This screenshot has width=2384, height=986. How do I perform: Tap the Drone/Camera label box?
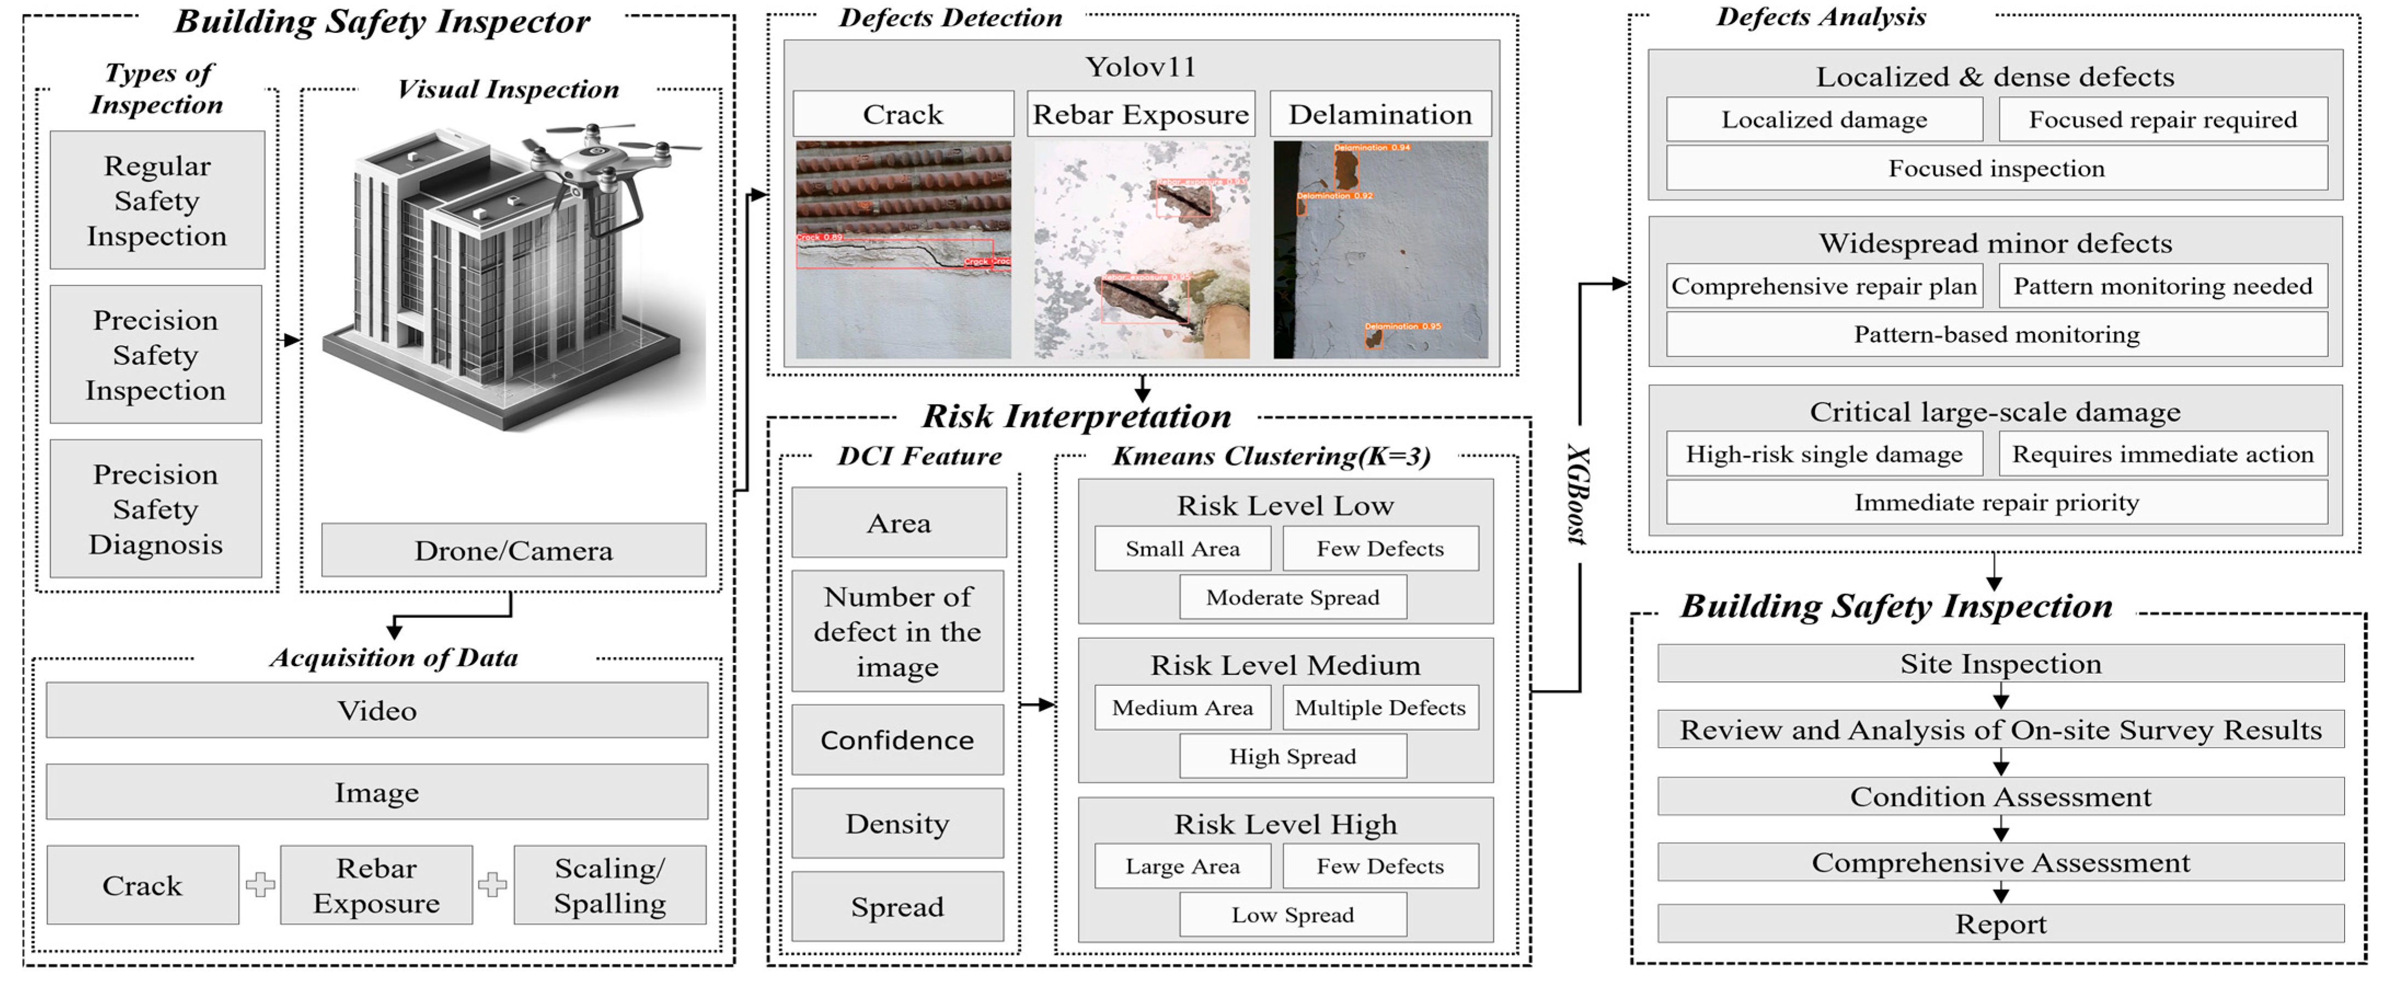coord(513,550)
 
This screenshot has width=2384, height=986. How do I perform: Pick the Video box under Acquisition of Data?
coord(377,710)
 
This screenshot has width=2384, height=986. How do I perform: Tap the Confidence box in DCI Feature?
coord(897,740)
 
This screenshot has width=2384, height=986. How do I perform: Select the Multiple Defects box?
coord(1380,708)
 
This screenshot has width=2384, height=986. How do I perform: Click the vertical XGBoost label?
coord(1578,495)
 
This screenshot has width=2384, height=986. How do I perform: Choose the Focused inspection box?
coord(1996,168)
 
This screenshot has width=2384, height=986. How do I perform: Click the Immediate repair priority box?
coord(1996,502)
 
